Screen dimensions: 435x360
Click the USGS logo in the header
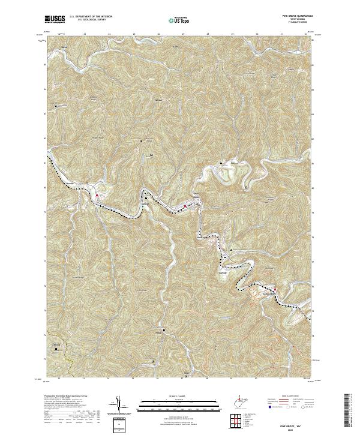click(55, 19)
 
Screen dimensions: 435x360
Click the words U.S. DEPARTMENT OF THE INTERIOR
click(89, 17)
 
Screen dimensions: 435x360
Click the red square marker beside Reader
click(97, 194)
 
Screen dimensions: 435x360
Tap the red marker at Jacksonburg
click(275, 290)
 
